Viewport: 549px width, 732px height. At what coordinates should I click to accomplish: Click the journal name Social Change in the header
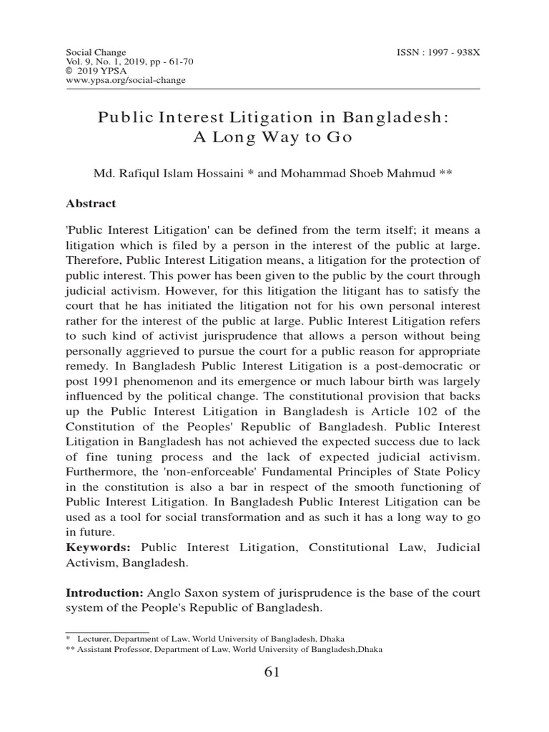[x=96, y=53]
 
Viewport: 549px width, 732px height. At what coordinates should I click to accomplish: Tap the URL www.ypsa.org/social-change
[x=126, y=80]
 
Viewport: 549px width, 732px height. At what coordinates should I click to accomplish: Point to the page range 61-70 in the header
[x=176, y=62]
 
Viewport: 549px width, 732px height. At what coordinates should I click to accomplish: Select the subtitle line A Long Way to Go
[x=274, y=138]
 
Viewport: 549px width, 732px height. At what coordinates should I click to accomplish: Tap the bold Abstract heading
[x=91, y=203]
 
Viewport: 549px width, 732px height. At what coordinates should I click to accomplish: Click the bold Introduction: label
[x=105, y=593]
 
